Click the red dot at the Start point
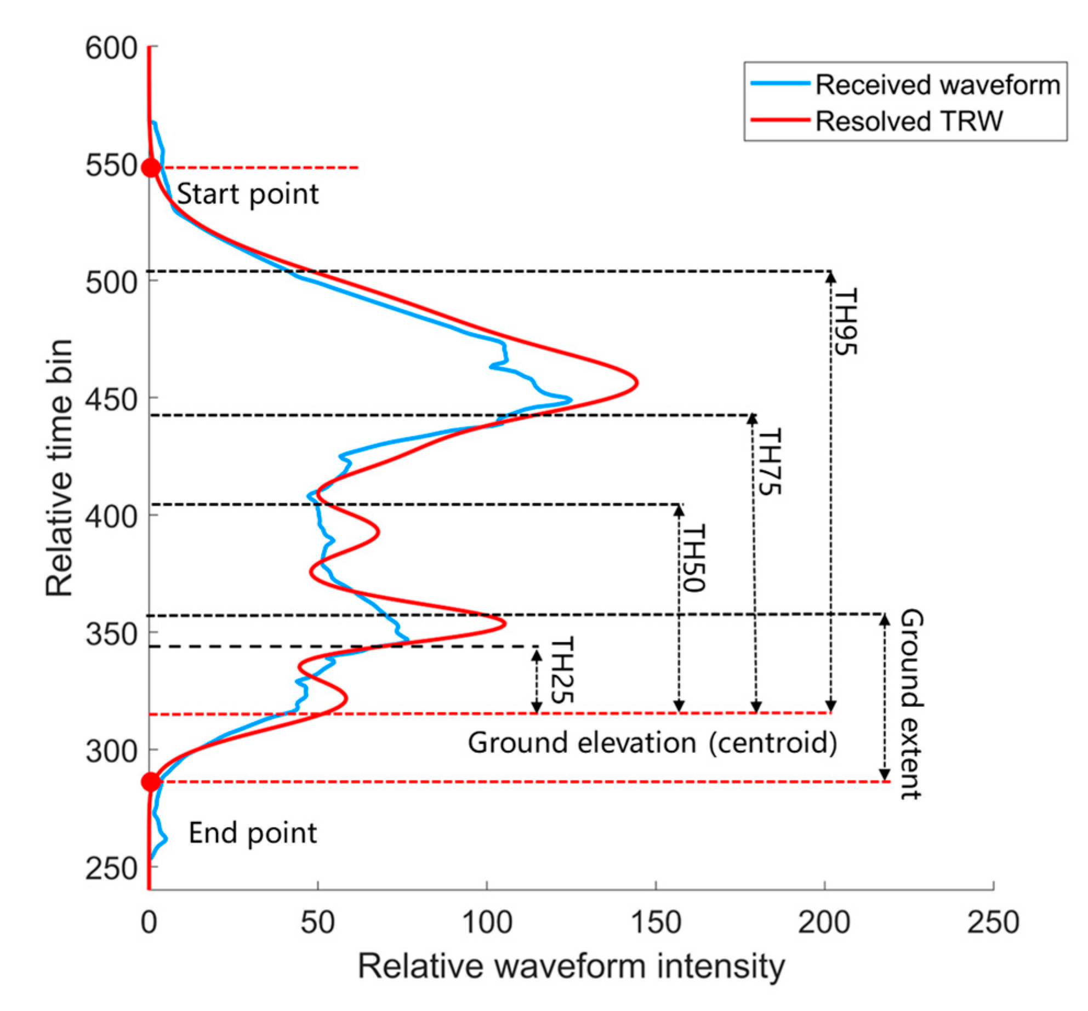(x=151, y=168)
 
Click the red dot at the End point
(x=151, y=782)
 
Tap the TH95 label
(x=845, y=322)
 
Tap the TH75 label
(x=769, y=462)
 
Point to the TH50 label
(x=693, y=558)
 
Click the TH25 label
(x=561, y=670)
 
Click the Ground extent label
(x=912, y=704)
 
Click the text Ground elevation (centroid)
(x=652, y=744)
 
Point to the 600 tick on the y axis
(x=111, y=48)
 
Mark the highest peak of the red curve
(x=636, y=382)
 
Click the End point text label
(x=253, y=833)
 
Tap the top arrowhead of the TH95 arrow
(x=831, y=277)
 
